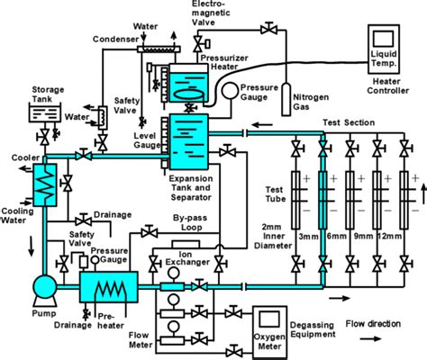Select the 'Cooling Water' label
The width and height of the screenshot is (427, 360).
click(x=15, y=218)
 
